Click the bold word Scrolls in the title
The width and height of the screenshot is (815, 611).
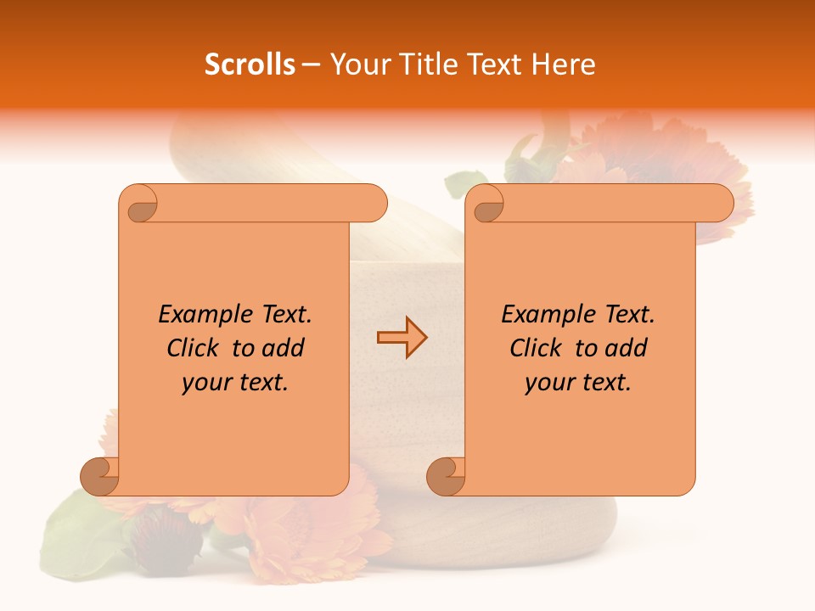click(x=250, y=64)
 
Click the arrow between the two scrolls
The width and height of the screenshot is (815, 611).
click(x=402, y=338)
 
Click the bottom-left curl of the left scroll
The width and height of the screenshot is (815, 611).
click(x=100, y=476)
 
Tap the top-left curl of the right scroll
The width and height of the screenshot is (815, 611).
click(x=488, y=204)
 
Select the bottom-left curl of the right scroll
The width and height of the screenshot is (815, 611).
click(x=446, y=476)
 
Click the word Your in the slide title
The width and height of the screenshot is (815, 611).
click(x=355, y=64)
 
